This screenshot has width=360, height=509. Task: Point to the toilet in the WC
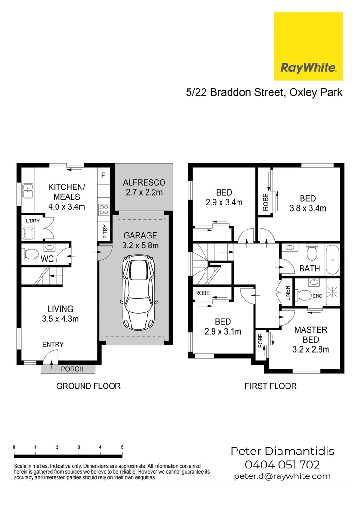tap(32, 254)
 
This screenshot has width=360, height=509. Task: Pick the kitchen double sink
tap(27, 190)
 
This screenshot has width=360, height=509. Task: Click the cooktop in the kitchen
tap(104, 209)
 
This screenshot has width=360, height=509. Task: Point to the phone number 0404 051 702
tap(283, 465)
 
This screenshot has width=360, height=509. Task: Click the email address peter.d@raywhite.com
tap(282, 476)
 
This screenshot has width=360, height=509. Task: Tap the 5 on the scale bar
tap(122, 447)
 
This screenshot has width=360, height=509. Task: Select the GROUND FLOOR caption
tap(89, 386)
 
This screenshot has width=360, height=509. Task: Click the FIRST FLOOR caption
tap(270, 386)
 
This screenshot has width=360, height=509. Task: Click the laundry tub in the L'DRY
tap(27, 233)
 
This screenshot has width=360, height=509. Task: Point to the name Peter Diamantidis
tap(282, 451)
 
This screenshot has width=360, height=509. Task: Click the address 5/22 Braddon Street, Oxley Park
tap(264, 92)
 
